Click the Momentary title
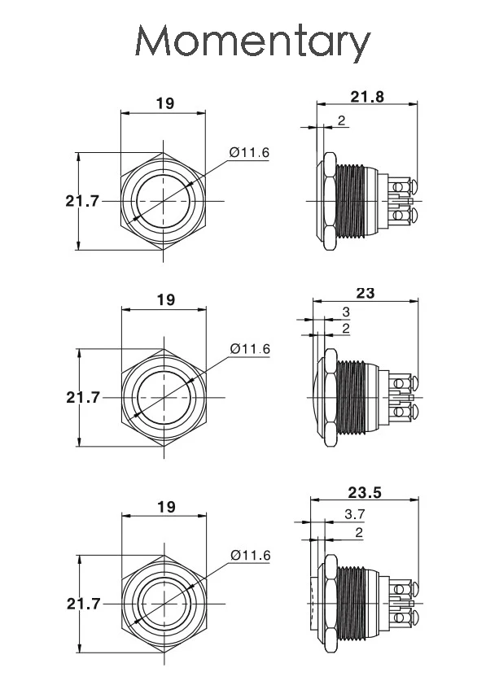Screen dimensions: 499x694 (252, 41)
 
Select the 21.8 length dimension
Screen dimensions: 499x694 (367, 97)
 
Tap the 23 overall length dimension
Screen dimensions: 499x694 (365, 293)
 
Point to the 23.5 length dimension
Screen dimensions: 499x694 (365, 492)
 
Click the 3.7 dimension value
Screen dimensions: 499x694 (355, 514)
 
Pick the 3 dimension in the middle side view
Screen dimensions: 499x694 (346, 312)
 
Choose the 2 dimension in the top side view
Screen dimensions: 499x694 (341, 120)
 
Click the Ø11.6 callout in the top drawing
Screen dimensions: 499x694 (249, 153)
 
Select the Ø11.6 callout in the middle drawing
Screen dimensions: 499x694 (250, 349)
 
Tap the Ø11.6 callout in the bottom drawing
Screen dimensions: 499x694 (250, 556)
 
